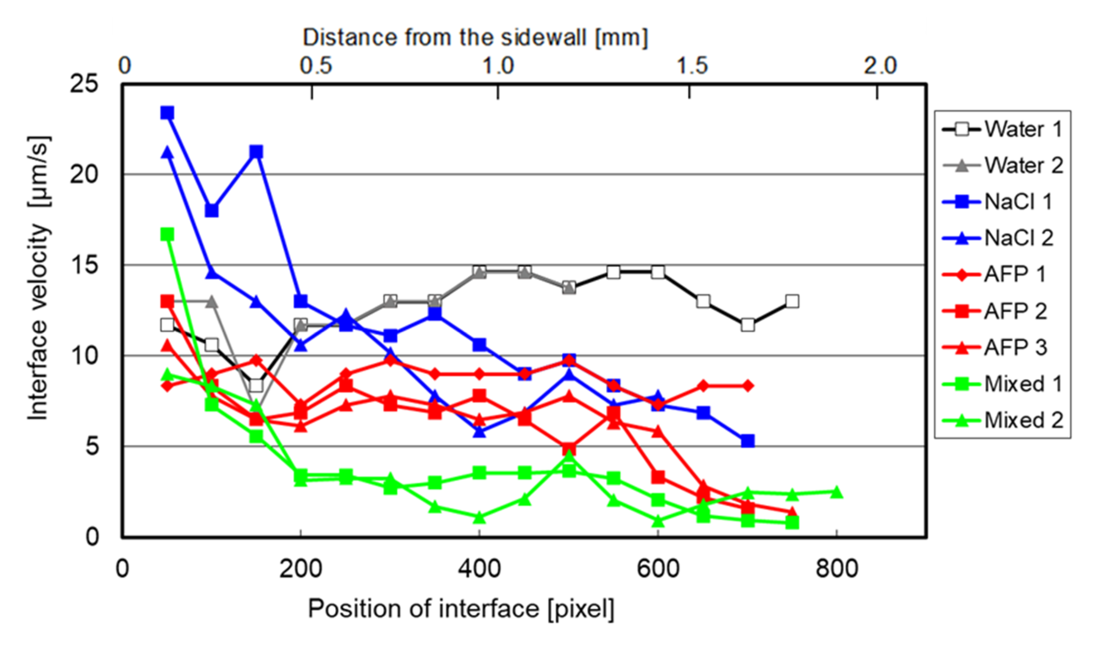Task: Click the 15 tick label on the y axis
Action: click(84, 265)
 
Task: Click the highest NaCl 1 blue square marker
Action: click(167, 113)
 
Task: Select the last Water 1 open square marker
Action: click(793, 301)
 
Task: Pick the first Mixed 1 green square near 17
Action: click(167, 235)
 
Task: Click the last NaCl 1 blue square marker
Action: click(748, 441)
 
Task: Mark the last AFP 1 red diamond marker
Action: click(748, 385)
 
